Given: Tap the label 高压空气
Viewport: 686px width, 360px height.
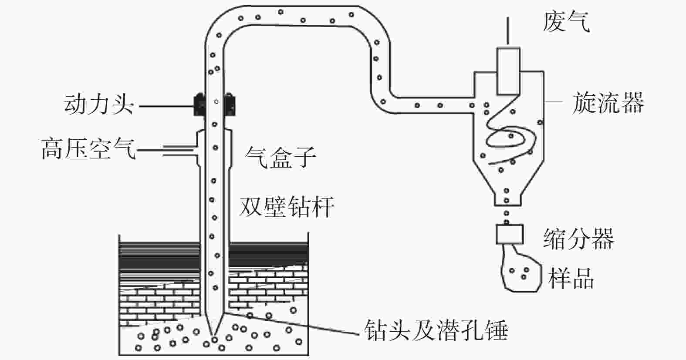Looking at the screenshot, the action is pos(88,149).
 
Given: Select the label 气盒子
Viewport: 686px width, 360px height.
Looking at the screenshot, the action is pos(280,157).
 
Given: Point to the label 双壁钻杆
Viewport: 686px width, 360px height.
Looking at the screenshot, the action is pos(286,207).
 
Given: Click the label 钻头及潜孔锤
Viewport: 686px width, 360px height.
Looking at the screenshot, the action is pos(436,330).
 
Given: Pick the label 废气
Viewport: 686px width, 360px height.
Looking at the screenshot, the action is pos(566,21).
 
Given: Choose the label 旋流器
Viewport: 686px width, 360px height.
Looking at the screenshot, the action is pos(608,103).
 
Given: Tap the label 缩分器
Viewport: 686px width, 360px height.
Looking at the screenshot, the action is pos(579,239).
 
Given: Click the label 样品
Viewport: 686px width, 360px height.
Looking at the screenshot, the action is pos(571,278).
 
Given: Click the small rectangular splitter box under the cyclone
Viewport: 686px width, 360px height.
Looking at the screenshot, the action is pos(509,234).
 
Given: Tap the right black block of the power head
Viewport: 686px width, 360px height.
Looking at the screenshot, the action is pos(230,104).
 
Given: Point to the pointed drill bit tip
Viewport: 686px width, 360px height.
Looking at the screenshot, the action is pos(214,335).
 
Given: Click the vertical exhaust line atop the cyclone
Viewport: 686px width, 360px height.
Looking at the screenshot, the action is pos(508,30).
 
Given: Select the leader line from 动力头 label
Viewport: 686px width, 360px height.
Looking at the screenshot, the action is pos(166,106).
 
